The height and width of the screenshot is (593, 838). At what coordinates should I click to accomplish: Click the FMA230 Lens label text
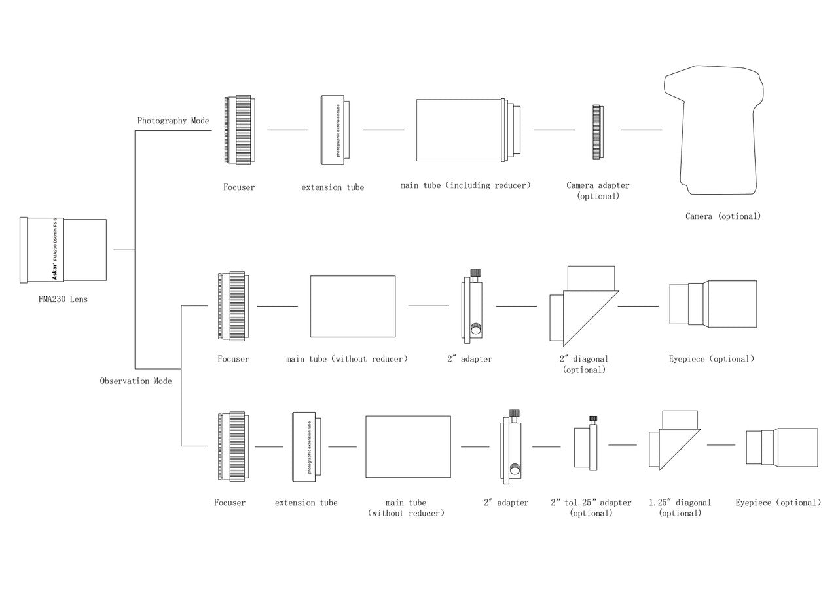pos(63,299)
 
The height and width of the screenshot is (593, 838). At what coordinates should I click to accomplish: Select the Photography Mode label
pos(173,121)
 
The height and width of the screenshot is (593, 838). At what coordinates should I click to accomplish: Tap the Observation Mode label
pos(136,381)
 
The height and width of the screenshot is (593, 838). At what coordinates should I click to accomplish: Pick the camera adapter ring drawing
pos(597,132)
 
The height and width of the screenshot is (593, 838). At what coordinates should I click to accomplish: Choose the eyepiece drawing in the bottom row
pos(782,446)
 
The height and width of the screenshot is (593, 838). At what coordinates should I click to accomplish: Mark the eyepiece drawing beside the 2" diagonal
pos(713,303)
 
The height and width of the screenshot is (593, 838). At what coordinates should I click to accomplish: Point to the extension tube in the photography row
pos(335,130)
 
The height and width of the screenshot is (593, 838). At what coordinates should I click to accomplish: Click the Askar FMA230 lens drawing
pos(64,250)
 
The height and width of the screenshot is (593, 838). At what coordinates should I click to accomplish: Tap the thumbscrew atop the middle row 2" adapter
pos(476,273)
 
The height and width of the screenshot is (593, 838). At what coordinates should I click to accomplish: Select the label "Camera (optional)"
pos(723,216)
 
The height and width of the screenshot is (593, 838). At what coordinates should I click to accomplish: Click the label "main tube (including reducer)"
pos(465,185)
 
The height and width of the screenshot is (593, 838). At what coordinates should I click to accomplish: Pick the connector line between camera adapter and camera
pos(641,130)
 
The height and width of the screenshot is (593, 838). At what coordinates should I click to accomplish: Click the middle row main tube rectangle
pos(353,306)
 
